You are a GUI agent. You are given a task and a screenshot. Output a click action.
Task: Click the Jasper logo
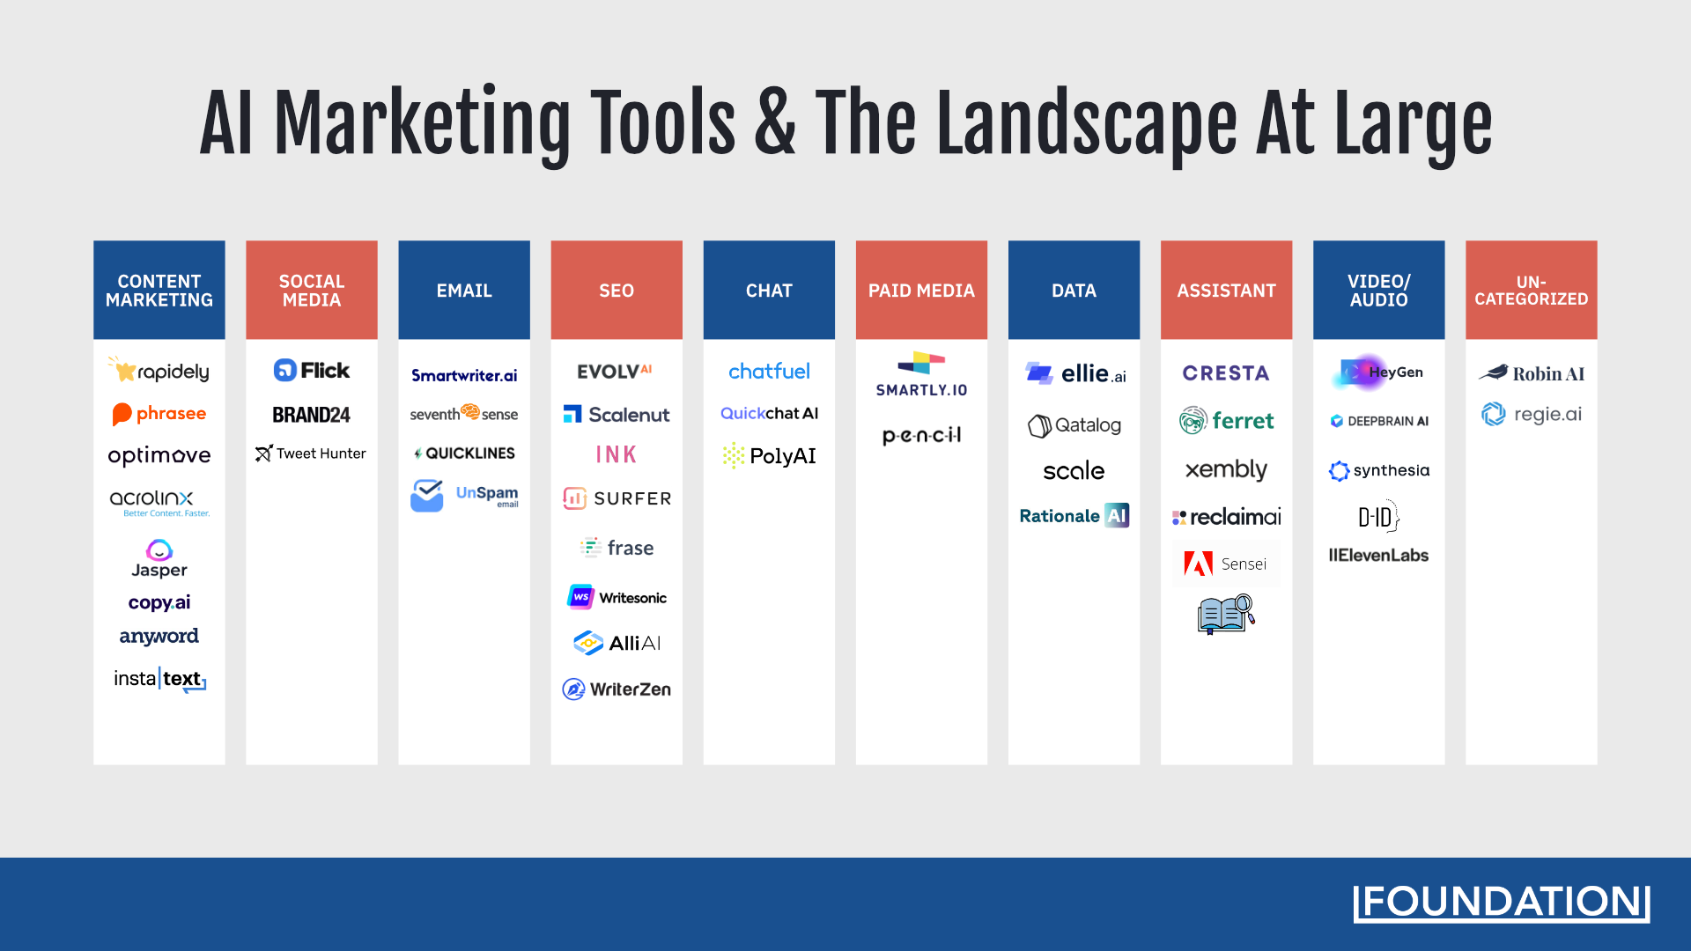point(159,559)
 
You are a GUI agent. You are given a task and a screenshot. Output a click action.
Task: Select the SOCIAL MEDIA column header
point(312,290)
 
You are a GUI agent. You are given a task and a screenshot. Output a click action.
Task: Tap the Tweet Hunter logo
point(311,453)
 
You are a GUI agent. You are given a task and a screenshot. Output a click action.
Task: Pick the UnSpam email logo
point(464,495)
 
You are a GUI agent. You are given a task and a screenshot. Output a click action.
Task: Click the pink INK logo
point(616,454)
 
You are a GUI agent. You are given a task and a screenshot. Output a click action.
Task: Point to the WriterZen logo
point(617,689)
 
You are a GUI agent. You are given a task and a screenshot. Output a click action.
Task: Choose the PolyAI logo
point(769,455)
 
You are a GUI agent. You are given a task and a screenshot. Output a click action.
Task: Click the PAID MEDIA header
point(921,290)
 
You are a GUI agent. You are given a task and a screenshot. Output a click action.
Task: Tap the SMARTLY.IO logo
point(921,375)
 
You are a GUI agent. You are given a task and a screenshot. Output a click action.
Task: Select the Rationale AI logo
point(1074,516)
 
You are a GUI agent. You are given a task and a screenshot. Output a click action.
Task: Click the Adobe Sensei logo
point(1226,564)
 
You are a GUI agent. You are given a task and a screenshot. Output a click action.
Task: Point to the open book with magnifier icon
point(1225,615)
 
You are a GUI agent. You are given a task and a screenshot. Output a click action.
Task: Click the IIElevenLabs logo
point(1378,556)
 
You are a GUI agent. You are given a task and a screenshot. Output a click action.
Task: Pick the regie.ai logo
point(1531,414)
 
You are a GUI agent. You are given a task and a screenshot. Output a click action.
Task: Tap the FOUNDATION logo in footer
point(1501,903)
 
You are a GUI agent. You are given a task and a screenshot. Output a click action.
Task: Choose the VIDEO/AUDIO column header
point(1378,290)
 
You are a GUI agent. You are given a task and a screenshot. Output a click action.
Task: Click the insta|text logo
point(159,679)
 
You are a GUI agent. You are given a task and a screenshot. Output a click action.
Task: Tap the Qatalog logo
point(1074,425)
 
